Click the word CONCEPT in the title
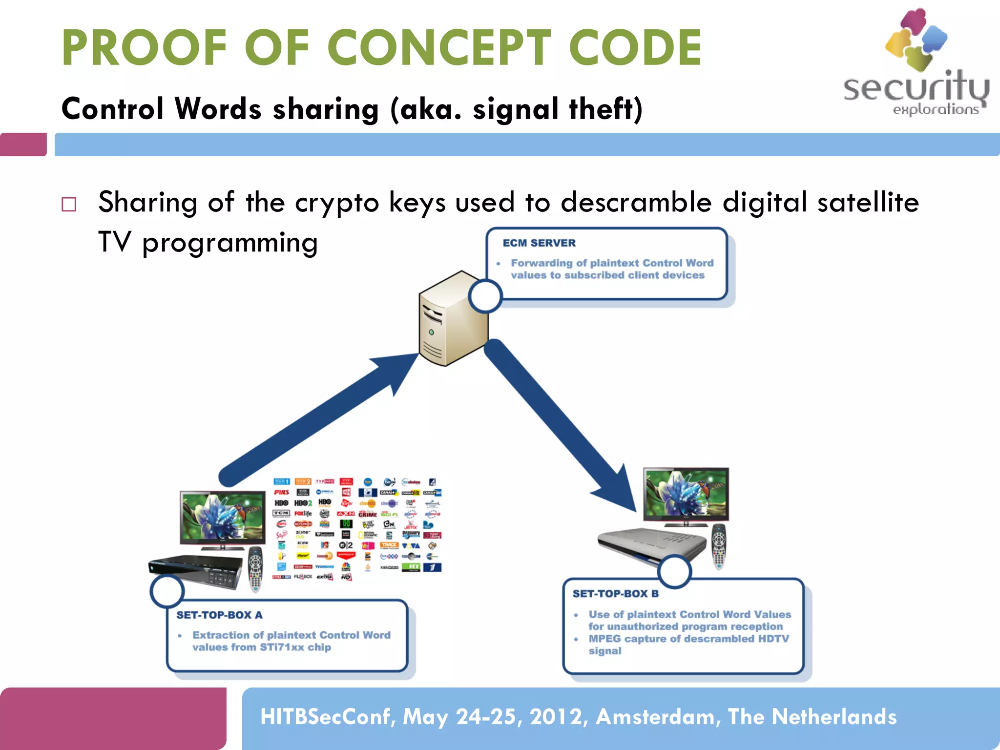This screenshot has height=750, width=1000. click(x=438, y=48)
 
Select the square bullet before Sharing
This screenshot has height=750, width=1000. click(x=69, y=204)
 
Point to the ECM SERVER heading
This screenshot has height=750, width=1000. click(x=539, y=243)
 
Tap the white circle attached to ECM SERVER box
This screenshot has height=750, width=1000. click(x=485, y=296)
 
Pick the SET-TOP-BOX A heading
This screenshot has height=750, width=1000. click(x=219, y=615)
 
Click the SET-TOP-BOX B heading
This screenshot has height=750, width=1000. click(x=615, y=593)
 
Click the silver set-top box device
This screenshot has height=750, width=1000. click(x=652, y=544)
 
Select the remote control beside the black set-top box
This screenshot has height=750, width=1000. click(x=255, y=569)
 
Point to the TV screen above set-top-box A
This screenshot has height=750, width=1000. click(x=222, y=517)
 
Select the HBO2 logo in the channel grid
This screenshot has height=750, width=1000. click(x=303, y=503)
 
